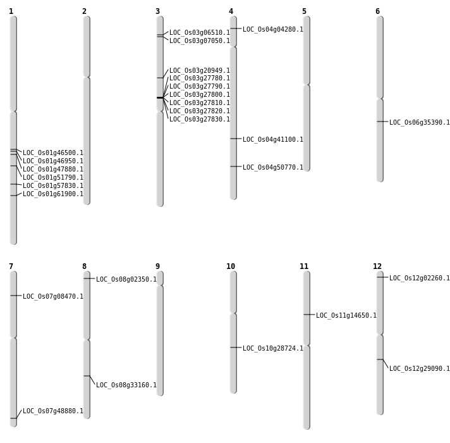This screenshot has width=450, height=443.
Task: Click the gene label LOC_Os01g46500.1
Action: point(53,153)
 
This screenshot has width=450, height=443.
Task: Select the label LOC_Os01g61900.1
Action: point(53,194)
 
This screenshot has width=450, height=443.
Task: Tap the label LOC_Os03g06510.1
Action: point(200,33)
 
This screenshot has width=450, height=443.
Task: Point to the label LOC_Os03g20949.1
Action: point(200,71)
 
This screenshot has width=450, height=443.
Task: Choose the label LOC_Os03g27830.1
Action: point(200,120)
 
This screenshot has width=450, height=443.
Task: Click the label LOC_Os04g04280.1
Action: point(273,30)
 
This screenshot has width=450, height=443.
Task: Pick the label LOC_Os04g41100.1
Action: point(273,140)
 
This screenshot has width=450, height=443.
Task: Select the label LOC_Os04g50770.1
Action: point(273,168)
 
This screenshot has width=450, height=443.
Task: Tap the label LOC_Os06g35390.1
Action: point(420,123)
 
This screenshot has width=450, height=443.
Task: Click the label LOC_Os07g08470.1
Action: point(53,297)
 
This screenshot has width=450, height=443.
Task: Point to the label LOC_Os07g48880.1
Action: point(53,411)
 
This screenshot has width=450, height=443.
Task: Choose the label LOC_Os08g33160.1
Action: point(126,385)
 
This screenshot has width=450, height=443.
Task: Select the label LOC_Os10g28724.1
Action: point(273,349)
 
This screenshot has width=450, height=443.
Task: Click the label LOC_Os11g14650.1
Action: point(346,316)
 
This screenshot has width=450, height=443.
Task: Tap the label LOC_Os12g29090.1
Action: point(420,369)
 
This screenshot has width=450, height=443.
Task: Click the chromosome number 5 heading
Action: point(304,11)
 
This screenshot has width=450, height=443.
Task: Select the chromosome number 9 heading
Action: point(157,266)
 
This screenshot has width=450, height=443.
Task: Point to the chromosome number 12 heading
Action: point(377,266)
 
